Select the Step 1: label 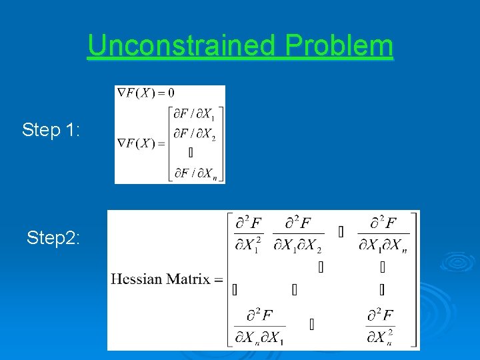coord(51,129)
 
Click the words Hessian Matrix coord(160,279)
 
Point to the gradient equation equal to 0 coord(145,93)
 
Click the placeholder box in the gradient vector coord(191,153)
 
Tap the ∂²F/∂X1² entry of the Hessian coord(249,233)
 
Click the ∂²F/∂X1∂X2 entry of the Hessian coord(298,233)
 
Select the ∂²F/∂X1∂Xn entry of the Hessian coord(383,233)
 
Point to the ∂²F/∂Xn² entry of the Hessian coord(380,326)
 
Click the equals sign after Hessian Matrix coord(219,279)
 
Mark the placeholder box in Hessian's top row coord(341,232)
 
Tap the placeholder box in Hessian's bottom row coord(312,325)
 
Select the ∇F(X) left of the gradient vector coord(137,143)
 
